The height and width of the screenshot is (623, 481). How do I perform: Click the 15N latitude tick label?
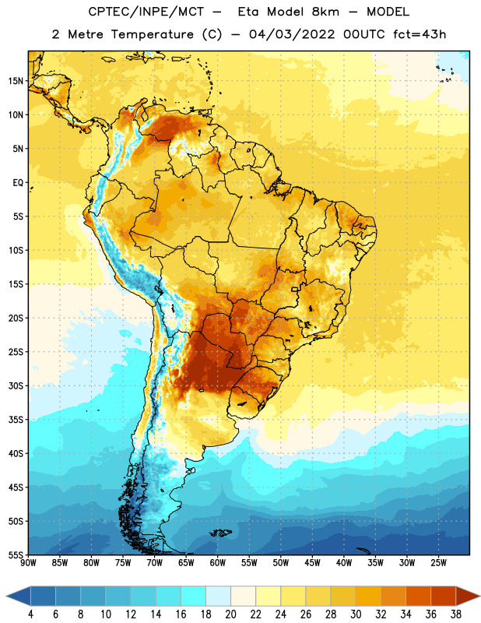tap(16, 81)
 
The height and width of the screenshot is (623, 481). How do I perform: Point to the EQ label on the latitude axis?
tap(18, 183)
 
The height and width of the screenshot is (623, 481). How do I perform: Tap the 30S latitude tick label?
tap(16, 385)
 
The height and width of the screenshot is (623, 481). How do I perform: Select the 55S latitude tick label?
tap(16, 555)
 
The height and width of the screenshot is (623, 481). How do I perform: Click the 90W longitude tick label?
tap(28, 563)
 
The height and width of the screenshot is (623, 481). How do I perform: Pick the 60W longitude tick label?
tap(218, 563)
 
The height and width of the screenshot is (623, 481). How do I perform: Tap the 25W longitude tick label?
tap(438, 563)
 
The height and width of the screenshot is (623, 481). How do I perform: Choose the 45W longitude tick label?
tap(312, 563)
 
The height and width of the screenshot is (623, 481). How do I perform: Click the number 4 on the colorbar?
tap(30, 614)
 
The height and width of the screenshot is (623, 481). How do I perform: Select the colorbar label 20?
tap(230, 614)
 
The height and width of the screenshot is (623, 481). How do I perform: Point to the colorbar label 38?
tap(456, 614)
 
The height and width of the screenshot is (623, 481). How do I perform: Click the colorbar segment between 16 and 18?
tap(193, 597)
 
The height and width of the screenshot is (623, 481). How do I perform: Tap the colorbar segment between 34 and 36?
tap(418, 597)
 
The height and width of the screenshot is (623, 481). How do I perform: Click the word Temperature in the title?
tap(152, 34)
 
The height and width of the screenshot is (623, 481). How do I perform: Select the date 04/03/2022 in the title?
tap(292, 34)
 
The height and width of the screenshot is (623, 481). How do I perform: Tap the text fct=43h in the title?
tap(420, 34)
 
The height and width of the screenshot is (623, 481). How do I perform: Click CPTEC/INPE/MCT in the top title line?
tap(146, 12)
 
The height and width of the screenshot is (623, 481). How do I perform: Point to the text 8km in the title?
tap(325, 12)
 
